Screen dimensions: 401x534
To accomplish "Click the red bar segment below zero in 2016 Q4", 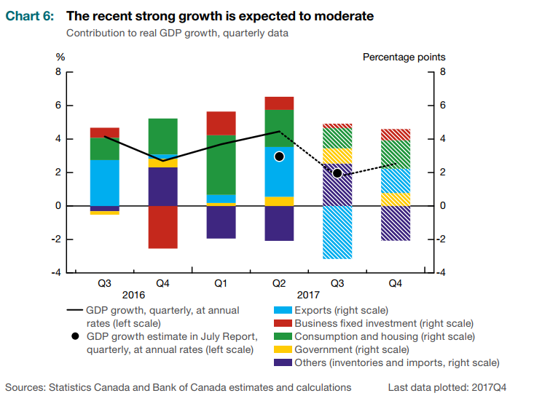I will point(162,227).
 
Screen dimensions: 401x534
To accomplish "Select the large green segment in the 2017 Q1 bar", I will point(221,164).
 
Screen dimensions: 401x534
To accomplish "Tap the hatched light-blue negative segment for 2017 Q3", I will point(337,232).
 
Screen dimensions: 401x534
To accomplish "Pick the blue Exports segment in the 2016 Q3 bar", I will point(105,183).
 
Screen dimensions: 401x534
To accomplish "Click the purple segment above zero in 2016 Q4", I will point(162,186).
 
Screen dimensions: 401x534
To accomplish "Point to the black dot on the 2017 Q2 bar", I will point(279,156).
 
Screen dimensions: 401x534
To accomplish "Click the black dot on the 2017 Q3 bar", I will point(337,173).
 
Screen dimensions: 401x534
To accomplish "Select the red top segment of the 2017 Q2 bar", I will point(279,103).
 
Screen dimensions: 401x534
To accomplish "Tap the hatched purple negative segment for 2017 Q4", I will point(396,223).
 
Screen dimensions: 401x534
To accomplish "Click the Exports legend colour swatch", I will point(279,311).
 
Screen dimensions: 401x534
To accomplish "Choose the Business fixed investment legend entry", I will point(384,323).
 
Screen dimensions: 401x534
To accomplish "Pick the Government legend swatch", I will point(279,349).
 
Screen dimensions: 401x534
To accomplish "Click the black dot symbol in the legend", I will point(74,336).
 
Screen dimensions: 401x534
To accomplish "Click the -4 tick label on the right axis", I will point(444,273).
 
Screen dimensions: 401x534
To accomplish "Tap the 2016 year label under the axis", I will point(134,295).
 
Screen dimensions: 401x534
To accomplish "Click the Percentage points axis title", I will point(404,57).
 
